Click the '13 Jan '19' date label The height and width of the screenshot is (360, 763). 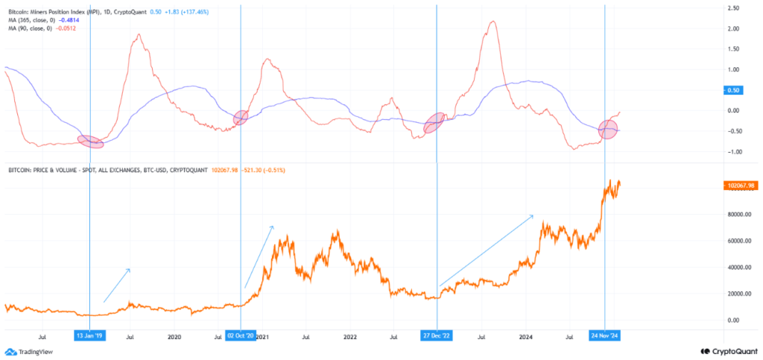coord(89,336)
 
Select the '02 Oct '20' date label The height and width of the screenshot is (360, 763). coord(241,336)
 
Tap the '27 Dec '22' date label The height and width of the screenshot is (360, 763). coord(436,336)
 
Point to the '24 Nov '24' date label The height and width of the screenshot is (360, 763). coord(605,336)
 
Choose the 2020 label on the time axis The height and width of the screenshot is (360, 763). coord(174,336)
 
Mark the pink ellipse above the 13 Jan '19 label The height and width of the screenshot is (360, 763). coord(90,142)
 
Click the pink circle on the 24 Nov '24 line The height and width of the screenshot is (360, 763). coord(609,129)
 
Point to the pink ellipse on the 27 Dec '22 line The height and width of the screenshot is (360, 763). coord(434,123)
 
